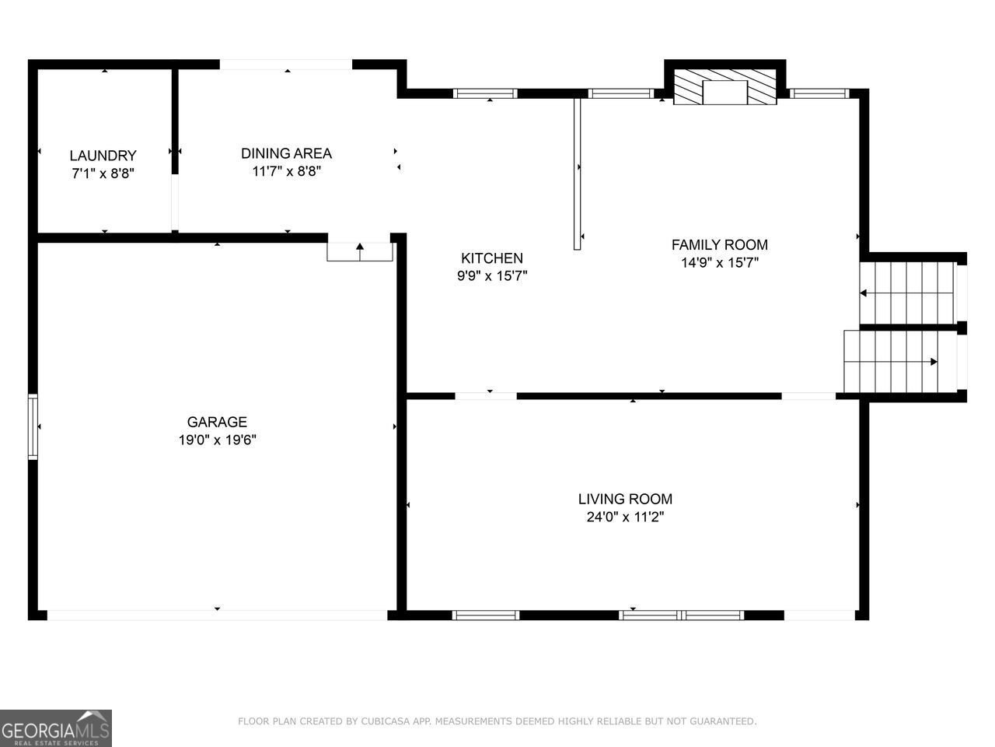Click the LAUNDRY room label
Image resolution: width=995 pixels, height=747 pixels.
pos(103,156)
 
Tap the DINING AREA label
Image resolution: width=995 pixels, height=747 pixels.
pos(286,153)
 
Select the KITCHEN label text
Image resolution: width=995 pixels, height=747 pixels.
pos(492,258)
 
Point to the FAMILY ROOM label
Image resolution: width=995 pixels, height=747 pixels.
pos(719,245)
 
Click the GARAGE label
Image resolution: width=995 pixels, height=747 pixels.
pos(217,422)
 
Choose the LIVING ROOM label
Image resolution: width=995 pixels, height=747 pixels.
pos(625,499)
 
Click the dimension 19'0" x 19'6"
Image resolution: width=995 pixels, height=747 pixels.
pos(217,440)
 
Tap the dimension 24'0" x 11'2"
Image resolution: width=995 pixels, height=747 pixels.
pos(625,517)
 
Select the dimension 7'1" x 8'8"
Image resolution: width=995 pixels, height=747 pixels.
pos(103,174)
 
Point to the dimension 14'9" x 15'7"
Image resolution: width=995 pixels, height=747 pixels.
pos(719,263)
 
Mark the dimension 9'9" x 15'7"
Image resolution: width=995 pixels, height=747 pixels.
pos(492,276)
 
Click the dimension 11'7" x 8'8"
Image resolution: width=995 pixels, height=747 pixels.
pos(286,171)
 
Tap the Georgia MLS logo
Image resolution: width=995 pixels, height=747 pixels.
pos(56,728)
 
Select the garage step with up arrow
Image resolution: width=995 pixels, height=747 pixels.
pos(360,251)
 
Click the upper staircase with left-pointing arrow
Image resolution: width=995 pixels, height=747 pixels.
pos(908,293)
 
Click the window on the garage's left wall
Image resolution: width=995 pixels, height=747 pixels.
pos(33,426)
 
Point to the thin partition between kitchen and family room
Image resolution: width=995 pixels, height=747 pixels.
pos(578,171)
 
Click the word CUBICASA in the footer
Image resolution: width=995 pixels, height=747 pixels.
pos(386,722)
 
